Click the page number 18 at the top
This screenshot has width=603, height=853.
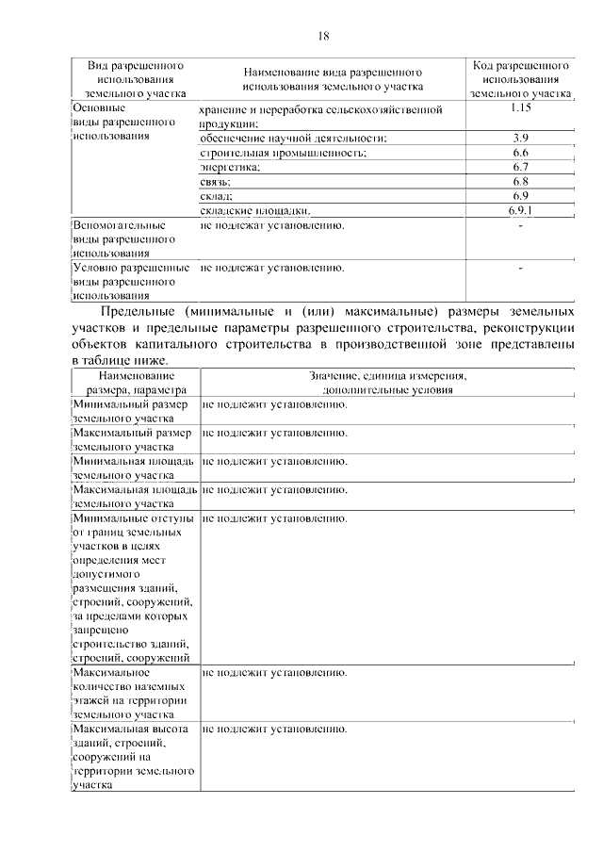pyautogui.click(x=323, y=36)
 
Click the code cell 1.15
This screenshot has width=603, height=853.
pyautogui.click(x=520, y=109)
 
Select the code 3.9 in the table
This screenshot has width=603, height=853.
pyautogui.click(x=520, y=138)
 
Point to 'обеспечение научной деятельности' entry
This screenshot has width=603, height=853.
pyautogui.click(x=293, y=139)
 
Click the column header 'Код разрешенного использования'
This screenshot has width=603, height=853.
pyautogui.click(x=520, y=80)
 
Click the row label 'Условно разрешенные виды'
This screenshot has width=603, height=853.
pyautogui.click(x=129, y=281)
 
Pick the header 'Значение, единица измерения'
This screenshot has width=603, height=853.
pyautogui.click(x=389, y=382)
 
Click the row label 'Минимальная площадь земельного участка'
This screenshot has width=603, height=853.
pyautogui.click(x=133, y=468)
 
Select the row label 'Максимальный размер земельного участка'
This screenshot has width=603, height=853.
pyautogui.click(x=133, y=440)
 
